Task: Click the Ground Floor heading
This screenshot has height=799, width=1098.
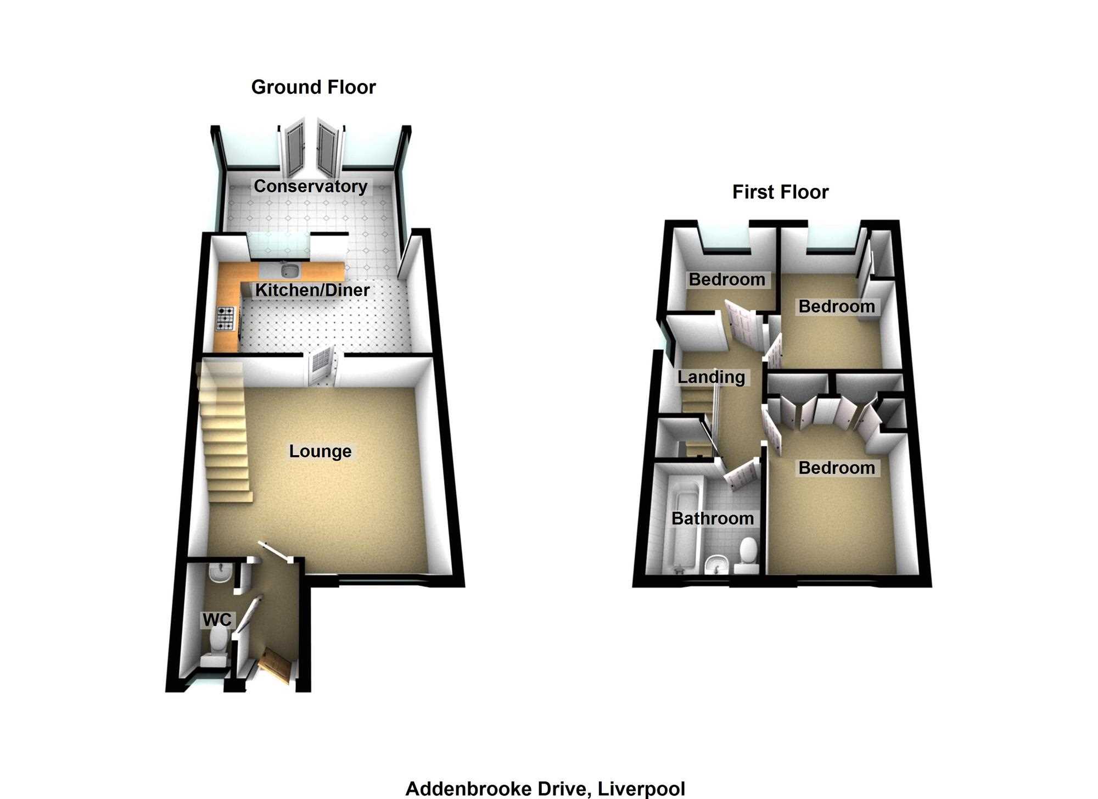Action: (x=313, y=87)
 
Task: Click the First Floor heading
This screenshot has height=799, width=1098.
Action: (x=780, y=192)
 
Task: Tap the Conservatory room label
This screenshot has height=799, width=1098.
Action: (x=310, y=186)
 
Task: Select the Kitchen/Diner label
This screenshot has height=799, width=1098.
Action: (x=312, y=290)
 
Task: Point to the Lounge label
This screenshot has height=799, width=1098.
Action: (x=320, y=451)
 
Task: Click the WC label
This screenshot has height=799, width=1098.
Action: (x=217, y=620)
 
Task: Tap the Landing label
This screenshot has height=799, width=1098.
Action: (x=711, y=377)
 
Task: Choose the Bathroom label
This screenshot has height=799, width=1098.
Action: (x=713, y=518)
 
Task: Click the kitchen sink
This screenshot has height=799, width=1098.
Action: (x=289, y=270)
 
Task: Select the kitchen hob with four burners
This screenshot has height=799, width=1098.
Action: (x=226, y=319)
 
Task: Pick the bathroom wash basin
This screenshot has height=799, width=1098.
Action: (x=716, y=564)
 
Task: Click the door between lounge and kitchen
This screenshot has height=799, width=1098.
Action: (x=322, y=366)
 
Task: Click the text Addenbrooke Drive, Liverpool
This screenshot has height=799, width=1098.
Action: (x=545, y=789)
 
